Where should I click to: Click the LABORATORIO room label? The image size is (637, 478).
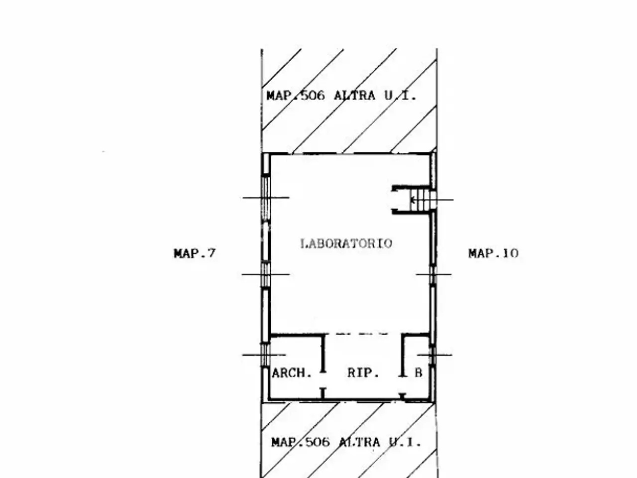[346, 243]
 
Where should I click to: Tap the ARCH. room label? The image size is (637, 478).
[292, 373]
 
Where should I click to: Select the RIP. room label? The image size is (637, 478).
[363, 372]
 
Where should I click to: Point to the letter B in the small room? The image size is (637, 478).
[419, 372]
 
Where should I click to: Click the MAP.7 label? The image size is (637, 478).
[195, 253]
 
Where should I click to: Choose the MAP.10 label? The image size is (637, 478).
[493, 253]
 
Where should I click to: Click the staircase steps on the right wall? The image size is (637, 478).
[423, 200]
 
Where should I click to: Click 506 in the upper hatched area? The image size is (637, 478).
[313, 96]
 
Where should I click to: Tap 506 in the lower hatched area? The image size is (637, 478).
[318, 443]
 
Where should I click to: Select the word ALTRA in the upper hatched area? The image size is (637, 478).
[354, 96]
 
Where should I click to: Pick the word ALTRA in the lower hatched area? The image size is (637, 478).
[359, 443]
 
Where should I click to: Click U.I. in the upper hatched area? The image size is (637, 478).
[400, 96]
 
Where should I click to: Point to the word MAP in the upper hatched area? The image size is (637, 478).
[279, 96]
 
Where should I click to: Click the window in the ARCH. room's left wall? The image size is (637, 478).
[265, 355]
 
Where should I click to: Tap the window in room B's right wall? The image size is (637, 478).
[432, 355]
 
